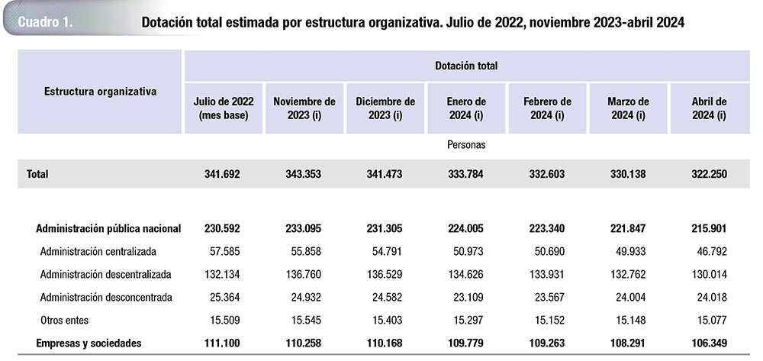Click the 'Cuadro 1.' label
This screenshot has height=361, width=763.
coord(45,22)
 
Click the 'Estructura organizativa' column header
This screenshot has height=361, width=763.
coord(100,92)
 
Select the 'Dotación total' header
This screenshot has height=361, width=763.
coord(466,66)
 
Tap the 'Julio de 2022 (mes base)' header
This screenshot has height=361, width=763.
coord(224,108)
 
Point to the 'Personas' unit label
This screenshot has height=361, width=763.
coord(466,144)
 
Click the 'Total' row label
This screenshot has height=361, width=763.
coord(37,174)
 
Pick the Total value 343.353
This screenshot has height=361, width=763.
coord(303,174)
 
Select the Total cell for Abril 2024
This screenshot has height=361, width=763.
coord(708,174)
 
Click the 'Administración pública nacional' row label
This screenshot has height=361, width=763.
coord(108,228)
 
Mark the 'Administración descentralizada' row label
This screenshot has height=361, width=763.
coord(105,274)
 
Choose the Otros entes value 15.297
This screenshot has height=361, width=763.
coord(466,320)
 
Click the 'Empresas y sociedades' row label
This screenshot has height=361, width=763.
coord(89,343)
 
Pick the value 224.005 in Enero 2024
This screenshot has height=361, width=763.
coord(466,228)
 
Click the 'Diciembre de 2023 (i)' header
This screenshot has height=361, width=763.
coord(385,108)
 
